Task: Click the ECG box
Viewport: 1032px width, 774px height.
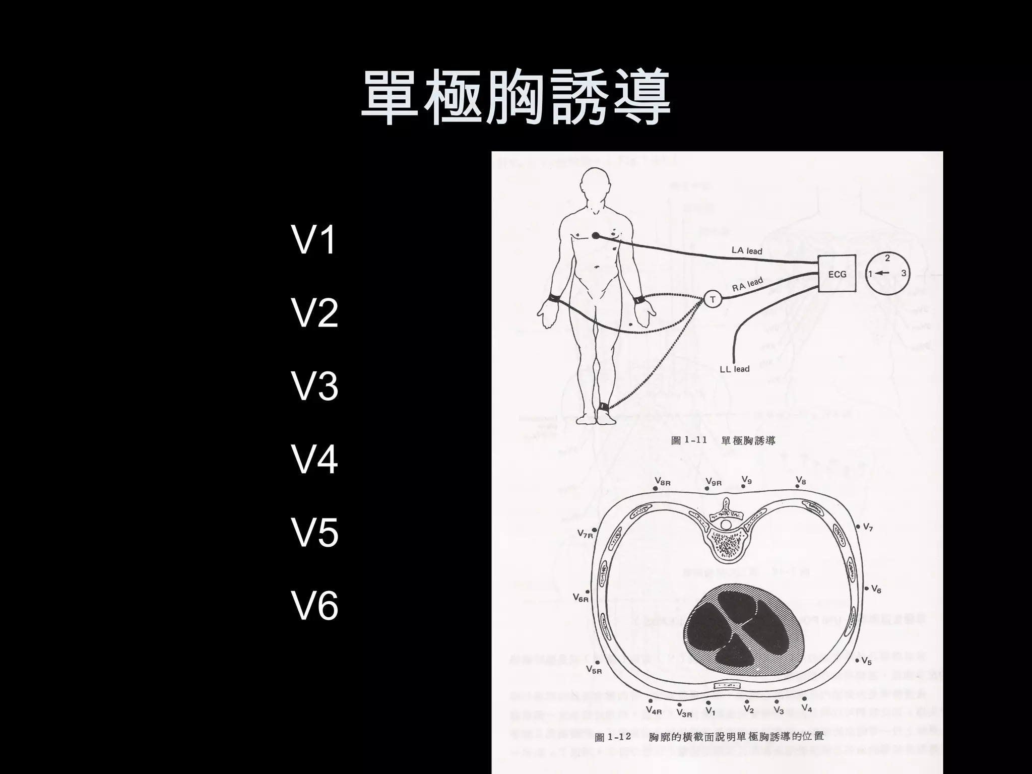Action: coord(836,274)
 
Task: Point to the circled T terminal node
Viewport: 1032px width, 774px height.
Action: coord(713,300)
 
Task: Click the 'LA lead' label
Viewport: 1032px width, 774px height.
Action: coord(747,250)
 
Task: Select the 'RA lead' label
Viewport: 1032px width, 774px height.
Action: coord(747,284)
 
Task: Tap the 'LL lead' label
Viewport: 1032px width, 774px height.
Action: coord(734,369)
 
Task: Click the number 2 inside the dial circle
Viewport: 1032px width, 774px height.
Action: coord(887,259)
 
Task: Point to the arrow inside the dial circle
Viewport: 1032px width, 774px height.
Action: coord(882,274)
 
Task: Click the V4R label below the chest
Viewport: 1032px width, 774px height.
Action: coord(654,711)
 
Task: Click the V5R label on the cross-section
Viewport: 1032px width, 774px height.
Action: coord(594,670)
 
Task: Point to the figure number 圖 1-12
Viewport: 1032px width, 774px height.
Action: coord(613,737)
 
